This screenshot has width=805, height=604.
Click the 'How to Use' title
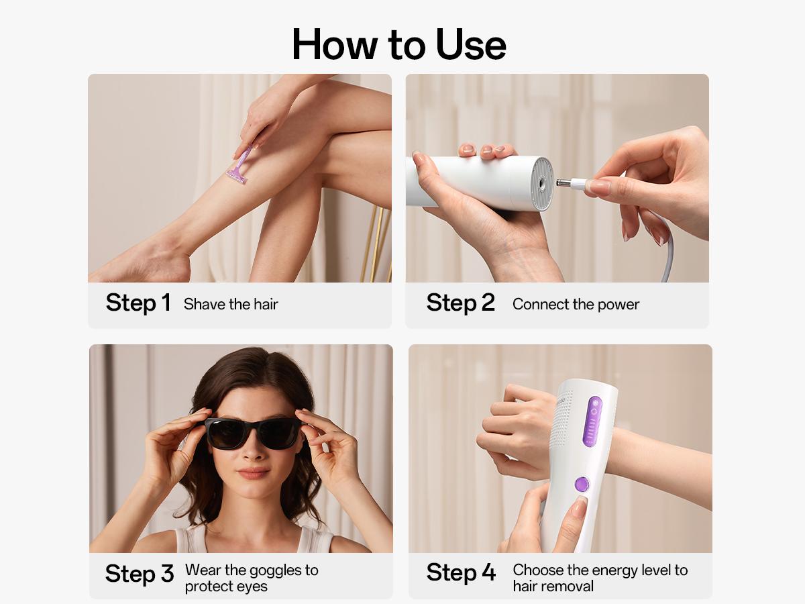point(399,44)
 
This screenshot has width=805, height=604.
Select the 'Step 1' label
point(138,303)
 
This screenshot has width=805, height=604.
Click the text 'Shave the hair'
point(231,304)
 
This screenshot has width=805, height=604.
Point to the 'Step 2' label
point(460,303)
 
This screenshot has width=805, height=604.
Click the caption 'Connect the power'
point(576,304)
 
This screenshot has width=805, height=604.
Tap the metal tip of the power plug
point(566,181)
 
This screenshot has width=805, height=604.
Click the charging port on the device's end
point(539,181)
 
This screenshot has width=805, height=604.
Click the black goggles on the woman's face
point(252,433)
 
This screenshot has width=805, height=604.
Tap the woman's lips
point(254,473)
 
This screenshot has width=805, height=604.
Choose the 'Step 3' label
point(140,574)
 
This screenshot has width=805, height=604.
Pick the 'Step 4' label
point(461,572)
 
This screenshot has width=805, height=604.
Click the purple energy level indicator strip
point(592,421)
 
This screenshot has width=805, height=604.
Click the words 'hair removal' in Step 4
point(553,586)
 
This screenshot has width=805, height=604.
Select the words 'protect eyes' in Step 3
point(226,586)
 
